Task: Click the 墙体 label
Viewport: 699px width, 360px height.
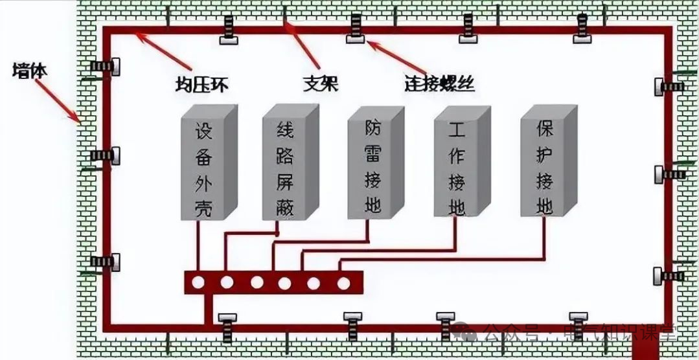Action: point(30,71)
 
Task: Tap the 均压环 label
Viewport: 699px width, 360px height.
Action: point(201,84)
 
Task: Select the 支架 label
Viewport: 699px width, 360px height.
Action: point(321,84)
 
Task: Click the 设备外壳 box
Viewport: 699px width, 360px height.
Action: point(203,170)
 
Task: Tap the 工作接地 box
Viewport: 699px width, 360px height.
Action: point(457,164)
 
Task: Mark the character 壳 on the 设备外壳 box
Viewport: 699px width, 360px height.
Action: point(203,208)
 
